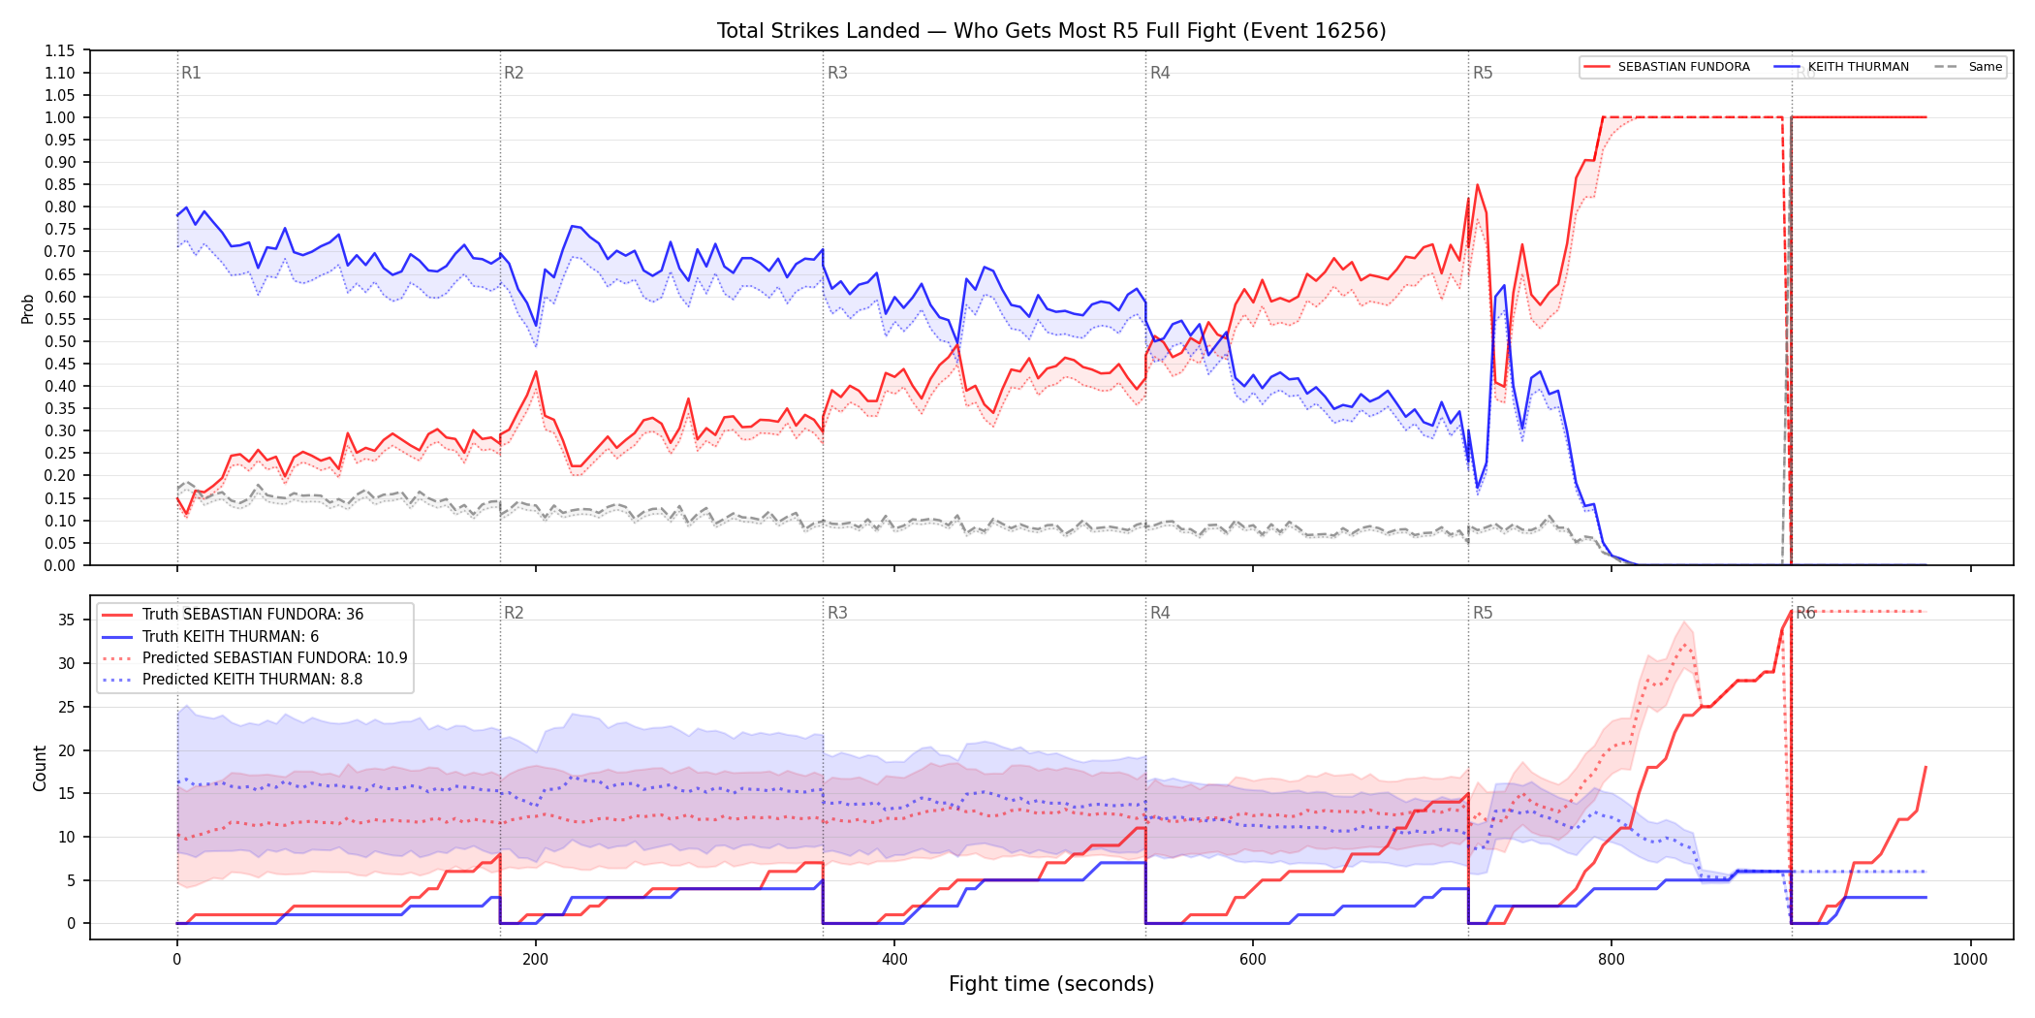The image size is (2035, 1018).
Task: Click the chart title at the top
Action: point(1051,31)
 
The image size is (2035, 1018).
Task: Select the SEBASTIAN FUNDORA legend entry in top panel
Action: point(1667,67)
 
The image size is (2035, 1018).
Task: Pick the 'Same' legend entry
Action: point(1968,67)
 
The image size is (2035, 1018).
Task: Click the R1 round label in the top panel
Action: point(191,73)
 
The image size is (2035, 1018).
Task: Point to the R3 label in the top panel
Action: point(837,73)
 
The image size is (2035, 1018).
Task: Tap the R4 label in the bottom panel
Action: point(1160,613)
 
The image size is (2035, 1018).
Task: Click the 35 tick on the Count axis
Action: point(67,620)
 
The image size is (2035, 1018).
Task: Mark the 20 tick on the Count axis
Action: point(67,750)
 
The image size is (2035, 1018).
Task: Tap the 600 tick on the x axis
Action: point(1253,960)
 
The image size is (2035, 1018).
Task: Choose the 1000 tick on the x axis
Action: point(1970,960)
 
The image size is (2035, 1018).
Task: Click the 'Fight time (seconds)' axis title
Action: point(1051,984)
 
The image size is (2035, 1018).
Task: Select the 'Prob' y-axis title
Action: point(28,308)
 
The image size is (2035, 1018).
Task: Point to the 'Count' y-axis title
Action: point(40,768)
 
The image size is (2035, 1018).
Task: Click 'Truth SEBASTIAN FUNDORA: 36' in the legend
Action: point(253,615)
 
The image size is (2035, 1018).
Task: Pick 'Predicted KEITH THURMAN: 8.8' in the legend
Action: point(252,680)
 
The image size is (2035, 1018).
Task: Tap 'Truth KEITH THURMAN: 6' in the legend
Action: point(231,637)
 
